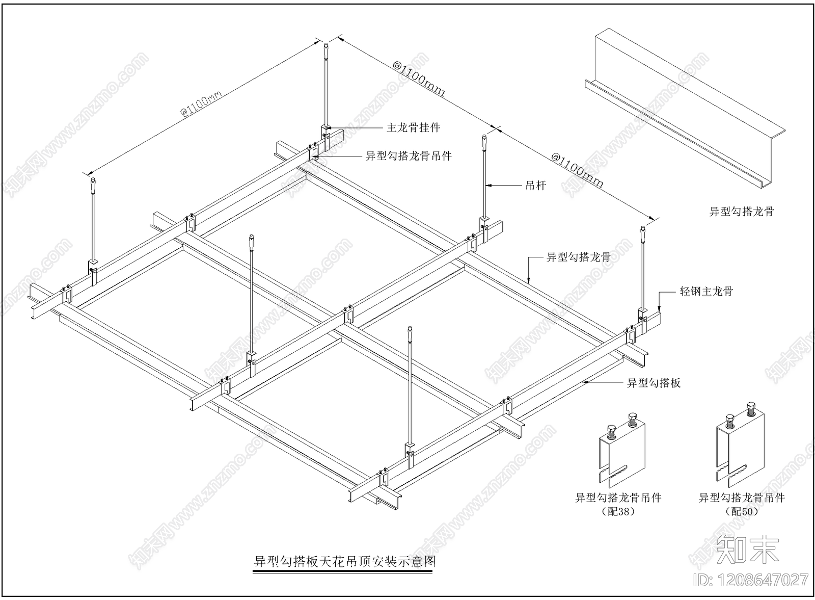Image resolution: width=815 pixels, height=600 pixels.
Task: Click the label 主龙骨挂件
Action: pyautogui.click(x=413, y=127)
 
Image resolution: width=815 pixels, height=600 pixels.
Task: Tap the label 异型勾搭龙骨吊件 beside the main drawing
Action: pyautogui.click(x=409, y=156)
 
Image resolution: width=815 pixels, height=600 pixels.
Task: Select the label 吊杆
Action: pyautogui.click(x=535, y=186)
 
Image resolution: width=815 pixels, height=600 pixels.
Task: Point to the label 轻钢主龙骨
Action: pyautogui.click(x=707, y=292)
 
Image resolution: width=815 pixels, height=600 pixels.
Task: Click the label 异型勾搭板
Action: pyautogui.click(x=654, y=383)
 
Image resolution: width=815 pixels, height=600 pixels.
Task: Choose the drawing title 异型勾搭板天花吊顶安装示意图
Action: pyautogui.click(x=345, y=561)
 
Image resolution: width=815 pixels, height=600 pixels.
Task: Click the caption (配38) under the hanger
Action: pyautogui.click(x=618, y=511)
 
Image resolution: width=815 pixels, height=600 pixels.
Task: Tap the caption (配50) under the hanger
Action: pyautogui.click(x=741, y=511)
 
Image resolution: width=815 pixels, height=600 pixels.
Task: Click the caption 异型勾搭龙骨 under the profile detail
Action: pyautogui.click(x=742, y=211)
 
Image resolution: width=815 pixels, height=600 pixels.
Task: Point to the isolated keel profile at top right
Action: pyautogui.click(x=683, y=107)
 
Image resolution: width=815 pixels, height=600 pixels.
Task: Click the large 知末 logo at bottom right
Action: pyautogui.click(x=747, y=550)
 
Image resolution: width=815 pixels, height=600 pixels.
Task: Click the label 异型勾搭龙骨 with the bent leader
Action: pyautogui.click(x=579, y=257)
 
